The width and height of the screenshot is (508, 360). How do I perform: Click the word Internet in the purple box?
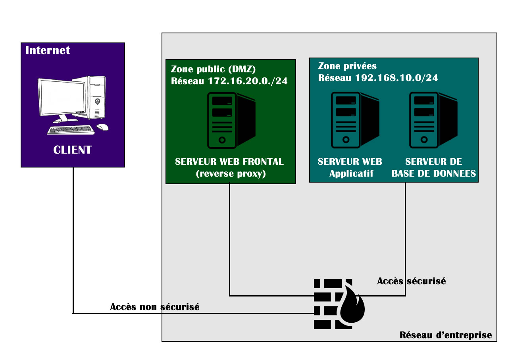tap(48, 50)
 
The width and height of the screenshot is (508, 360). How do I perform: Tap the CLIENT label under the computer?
tap(73, 150)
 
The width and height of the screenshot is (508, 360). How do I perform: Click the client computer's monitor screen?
tap(62, 97)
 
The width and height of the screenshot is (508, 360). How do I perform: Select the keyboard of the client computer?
tap(71, 130)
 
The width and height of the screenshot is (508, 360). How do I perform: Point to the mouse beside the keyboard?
tap(102, 127)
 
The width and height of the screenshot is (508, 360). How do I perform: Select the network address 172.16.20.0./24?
tap(248, 81)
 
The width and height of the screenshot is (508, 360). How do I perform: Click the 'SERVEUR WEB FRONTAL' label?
tap(230, 162)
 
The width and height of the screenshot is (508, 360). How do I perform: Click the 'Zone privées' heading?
tap(347, 66)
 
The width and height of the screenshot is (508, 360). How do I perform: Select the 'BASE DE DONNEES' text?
tap(434, 173)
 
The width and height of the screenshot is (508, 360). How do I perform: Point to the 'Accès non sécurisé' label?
tap(155, 307)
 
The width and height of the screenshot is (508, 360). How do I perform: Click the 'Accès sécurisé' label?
tap(412, 281)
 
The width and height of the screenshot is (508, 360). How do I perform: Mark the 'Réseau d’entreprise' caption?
tap(445, 335)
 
